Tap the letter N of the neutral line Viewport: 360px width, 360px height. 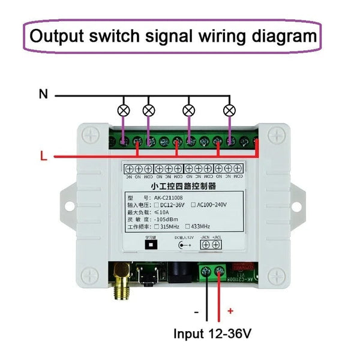pyautogui.click(x=43, y=94)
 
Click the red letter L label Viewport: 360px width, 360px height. pyautogui.click(x=43, y=157)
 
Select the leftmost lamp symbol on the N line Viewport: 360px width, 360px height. pyautogui.click(x=124, y=110)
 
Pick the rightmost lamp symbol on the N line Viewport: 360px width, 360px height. pyautogui.click(x=228, y=110)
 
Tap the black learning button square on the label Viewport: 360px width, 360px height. pyautogui.click(x=150, y=245)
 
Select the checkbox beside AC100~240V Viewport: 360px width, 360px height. pyautogui.click(x=193, y=205)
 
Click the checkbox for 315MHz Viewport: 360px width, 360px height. pyautogui.click(x=157, y=227)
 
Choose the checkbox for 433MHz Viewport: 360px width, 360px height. pyautogui.click(x=188, y=227)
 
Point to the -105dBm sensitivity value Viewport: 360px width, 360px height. pyautogui.click(x=166, y=220)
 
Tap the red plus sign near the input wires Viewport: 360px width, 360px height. pyautogui.click(x=230, y=311)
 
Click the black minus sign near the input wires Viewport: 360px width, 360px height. pyautogui.click(x=196, y=311)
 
